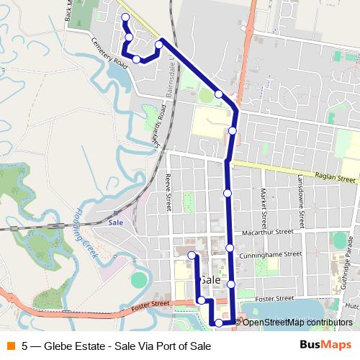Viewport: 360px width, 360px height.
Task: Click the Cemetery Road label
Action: pos(109,52)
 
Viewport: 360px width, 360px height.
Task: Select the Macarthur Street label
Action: pos(269,232)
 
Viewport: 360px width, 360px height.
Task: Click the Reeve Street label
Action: pos(168,192)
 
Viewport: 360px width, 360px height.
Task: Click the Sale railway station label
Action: pos(115,222)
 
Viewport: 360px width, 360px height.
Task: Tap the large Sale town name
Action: pos(210,279)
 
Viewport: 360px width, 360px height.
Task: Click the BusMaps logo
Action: pos(325,346)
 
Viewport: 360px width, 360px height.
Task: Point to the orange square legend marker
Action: pos(10,346)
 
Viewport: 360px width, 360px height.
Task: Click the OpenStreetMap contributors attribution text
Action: pos(295,323)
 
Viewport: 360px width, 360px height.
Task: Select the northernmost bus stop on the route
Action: pos(125,17)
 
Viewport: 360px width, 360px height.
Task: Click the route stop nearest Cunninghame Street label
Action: pos(230,248)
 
